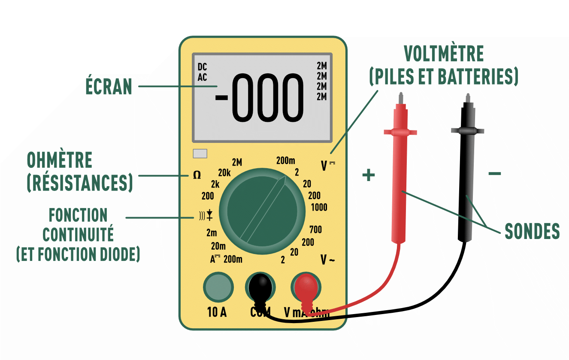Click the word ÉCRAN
point(109,86)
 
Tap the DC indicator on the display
point(202,67)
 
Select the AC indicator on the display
point(202,77)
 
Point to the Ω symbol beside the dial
point(197,175)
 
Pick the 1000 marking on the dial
point(319,207)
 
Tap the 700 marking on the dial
point(315,230)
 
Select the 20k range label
point(224,173)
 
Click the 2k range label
point(215,185)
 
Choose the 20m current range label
point(218,246)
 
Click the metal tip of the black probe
point(467,99)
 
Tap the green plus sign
point(369,175)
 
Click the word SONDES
point(532,231)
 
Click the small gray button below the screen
point(200,154)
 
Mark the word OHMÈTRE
point(59,160)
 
